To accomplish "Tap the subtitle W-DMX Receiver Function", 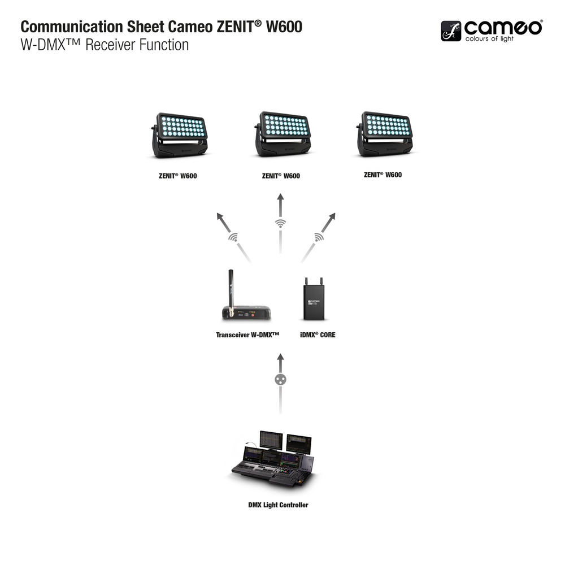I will [x=105, y=45].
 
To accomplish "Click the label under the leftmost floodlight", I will [x=177, y=176].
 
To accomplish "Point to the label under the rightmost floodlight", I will [x=383, y=175].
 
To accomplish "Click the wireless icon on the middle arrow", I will [x=280, y=224].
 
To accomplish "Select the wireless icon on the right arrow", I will [x=319, y=237].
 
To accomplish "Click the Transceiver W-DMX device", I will [x=244, y=308].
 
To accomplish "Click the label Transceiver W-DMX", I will [x=248, y=335].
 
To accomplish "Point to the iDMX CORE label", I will [x=318, y=335].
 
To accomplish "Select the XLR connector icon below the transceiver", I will [x=280, y=379].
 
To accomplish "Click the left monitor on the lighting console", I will [x=271, y=441].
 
